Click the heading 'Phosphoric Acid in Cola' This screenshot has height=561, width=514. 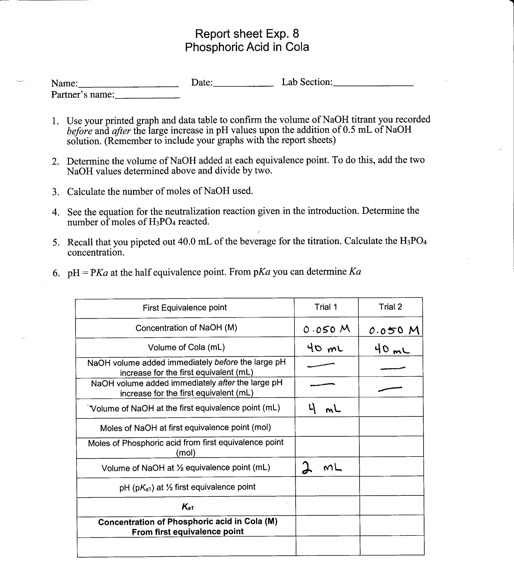(x=247, y=47)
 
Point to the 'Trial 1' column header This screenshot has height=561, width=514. (x=326, y=307)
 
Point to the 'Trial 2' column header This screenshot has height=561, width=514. (x=391, y=307)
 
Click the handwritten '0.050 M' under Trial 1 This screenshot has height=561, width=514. (x=326, y=330)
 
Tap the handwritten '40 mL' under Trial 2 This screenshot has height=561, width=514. (x=392, y=349)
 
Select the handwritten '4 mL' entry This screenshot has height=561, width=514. (x=324, y=409)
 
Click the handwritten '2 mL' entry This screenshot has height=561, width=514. (x=322, y=468)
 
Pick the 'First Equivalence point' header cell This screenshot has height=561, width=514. (x=185, y=308)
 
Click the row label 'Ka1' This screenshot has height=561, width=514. (x=188, y=507)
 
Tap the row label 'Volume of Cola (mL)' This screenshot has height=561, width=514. (x=186, y=347)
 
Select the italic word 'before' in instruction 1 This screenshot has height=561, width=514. (x=79, y=131)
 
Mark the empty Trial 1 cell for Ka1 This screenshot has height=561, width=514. (x=327, y=506)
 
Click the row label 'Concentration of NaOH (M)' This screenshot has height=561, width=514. (x=186, y=328)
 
